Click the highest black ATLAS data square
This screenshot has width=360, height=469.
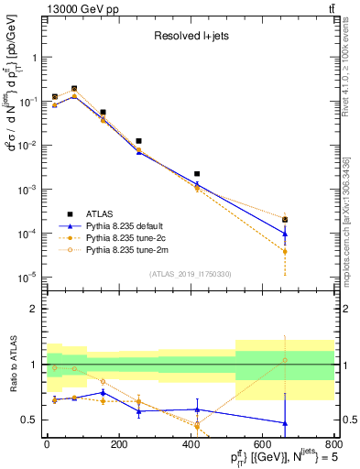pyautogui.click(x=74, y=89)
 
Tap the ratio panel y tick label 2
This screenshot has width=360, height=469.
pyautogui.click(x=35, y=309)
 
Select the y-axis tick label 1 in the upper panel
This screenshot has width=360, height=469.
pyautogui.click(x=35, y=58)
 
